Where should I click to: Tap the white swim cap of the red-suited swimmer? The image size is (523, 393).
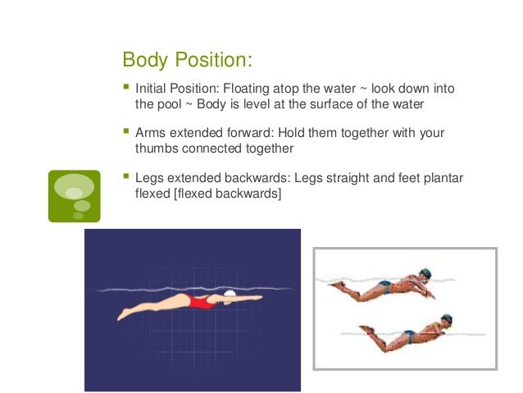(230, 293)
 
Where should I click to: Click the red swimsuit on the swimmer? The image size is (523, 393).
(199, 301)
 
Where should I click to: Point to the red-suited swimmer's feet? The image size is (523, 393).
(124, 314)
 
